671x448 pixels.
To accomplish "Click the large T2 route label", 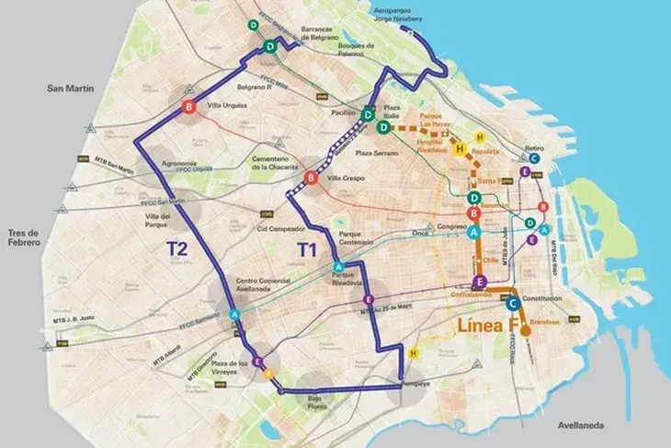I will (x=177, y=248).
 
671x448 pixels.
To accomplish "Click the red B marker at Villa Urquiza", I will (x=189, y=109).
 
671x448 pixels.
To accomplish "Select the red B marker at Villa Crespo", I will (x=311, y=178).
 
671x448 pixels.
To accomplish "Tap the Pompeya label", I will (x=415, y=384).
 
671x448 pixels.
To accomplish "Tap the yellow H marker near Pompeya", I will (x=414, y=353).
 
